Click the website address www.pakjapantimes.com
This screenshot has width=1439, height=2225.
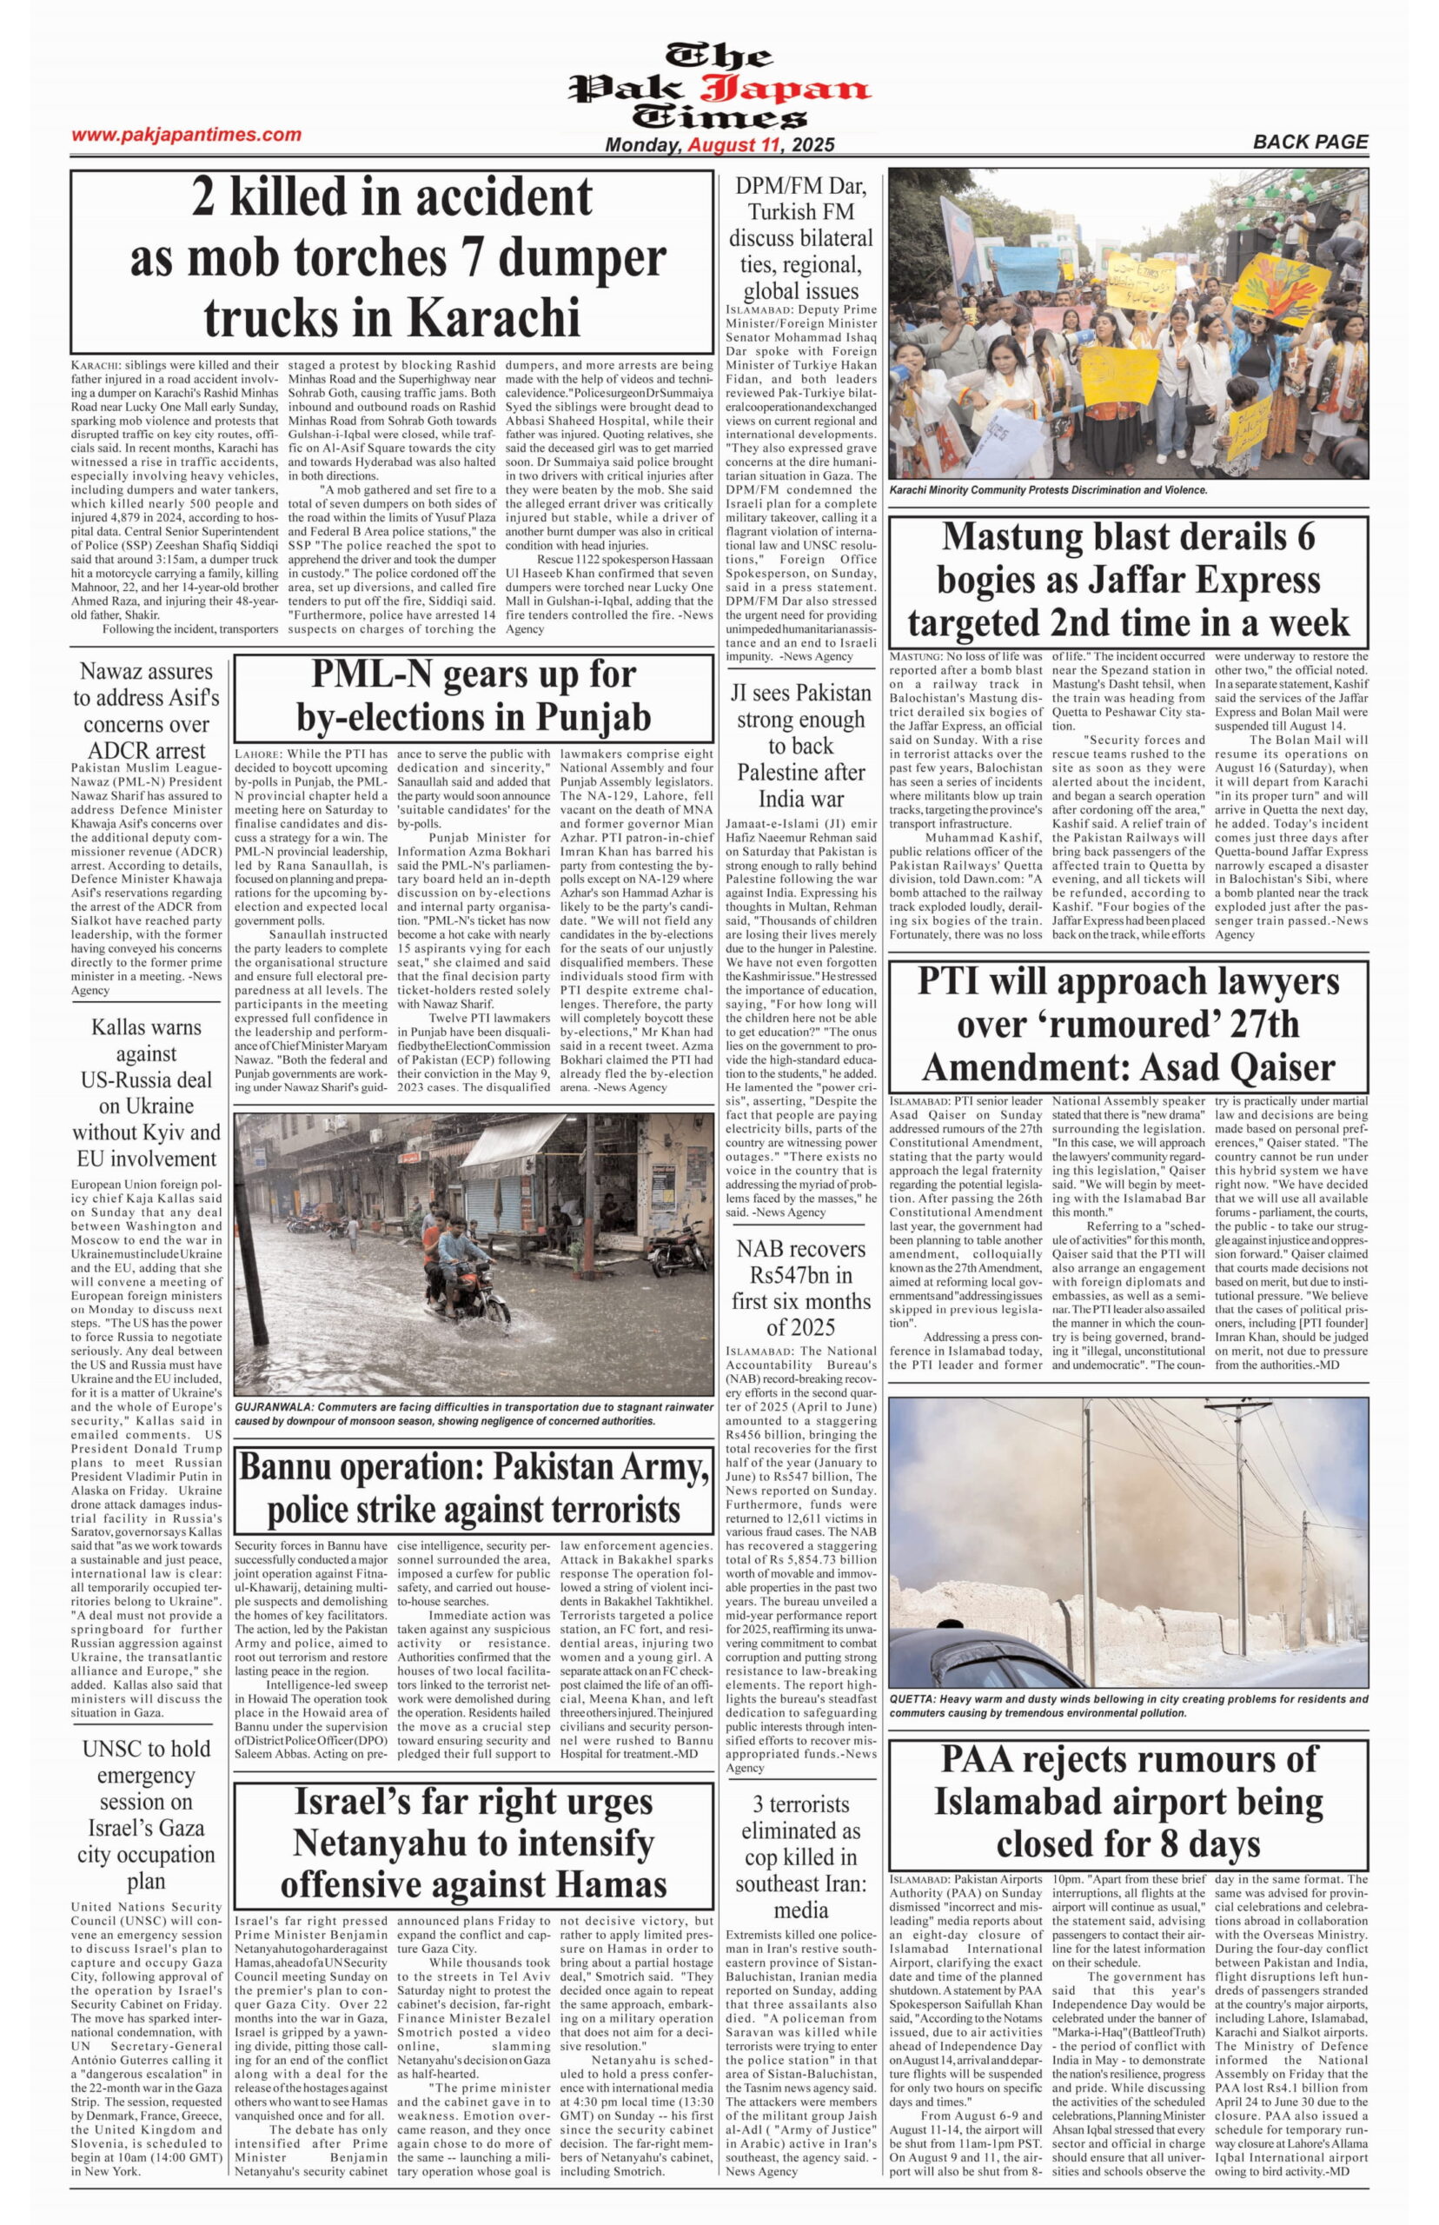[186, 135]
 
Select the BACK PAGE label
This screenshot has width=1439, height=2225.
[1310, 142]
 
